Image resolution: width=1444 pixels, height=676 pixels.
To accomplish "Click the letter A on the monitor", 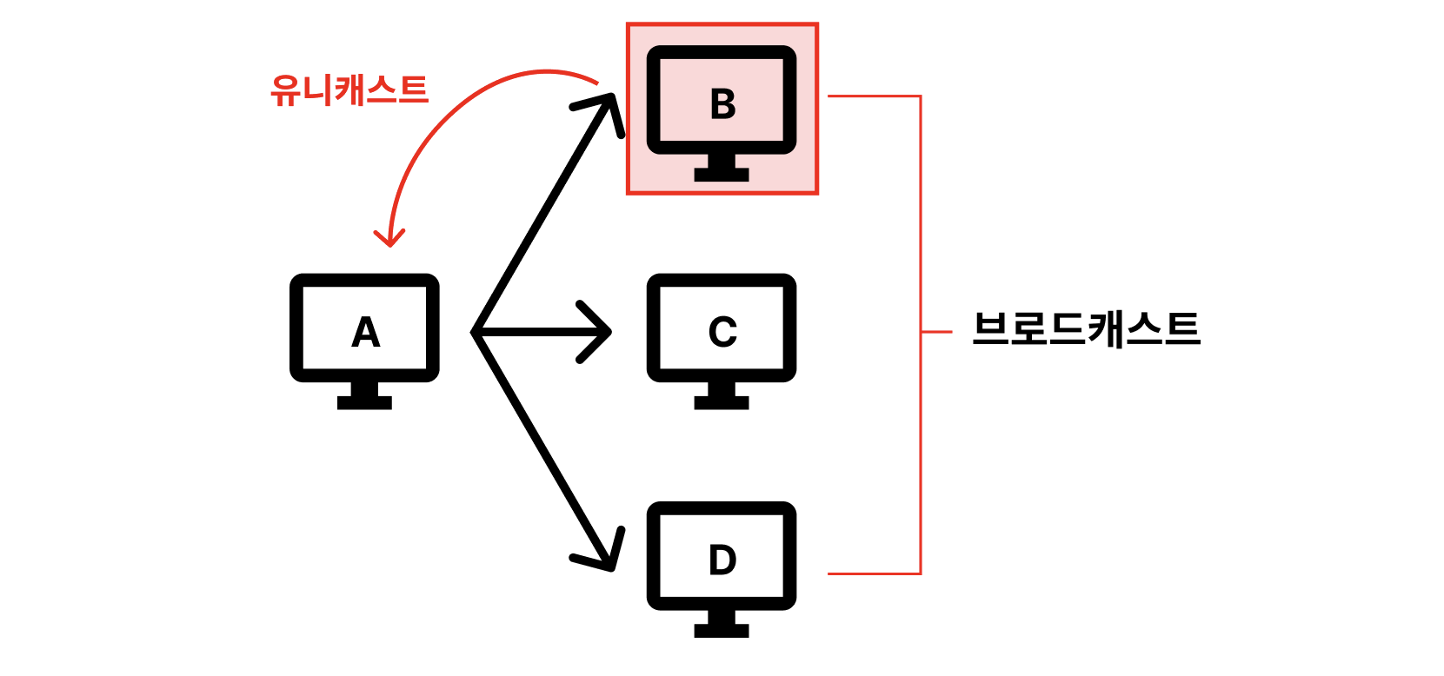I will tap(365, 332).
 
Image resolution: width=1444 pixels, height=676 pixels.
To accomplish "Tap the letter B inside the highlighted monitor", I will tap(722, 104).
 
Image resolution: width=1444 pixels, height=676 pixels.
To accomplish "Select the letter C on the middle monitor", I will tap(722, 332).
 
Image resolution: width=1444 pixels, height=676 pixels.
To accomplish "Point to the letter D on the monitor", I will tap(722, 560).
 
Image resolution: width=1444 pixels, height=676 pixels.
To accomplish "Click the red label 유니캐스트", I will tap(349, 90).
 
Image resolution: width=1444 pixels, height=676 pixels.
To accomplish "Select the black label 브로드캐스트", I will tap(1086, 330).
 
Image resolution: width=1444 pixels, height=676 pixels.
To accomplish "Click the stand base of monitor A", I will tap(364, 402).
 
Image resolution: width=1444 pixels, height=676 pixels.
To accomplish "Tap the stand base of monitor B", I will tap(722, 174).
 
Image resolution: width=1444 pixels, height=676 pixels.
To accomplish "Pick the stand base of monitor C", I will tap(722, 402).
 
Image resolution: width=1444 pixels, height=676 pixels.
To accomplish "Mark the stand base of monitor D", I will tap(722, 630).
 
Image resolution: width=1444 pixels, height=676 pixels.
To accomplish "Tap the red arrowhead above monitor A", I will tap(389, 239).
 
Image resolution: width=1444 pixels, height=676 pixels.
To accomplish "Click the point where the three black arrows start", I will tap(475, 332).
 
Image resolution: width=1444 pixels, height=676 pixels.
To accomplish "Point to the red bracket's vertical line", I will tap(920, 217).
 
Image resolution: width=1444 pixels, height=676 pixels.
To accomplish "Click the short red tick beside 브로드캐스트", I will tap(936, 332).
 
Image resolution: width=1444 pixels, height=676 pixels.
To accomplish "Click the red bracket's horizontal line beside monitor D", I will tap(874, 573).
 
